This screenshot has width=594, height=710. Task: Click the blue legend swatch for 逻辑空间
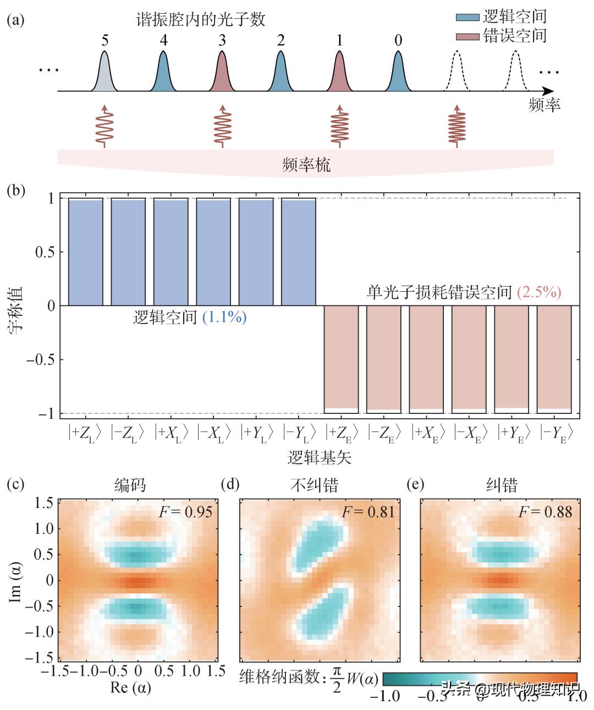(468, 17)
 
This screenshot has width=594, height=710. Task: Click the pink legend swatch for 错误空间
(468, 36)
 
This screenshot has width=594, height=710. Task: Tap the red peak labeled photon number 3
(222, 74)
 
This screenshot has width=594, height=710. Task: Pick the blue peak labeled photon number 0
(398, 74)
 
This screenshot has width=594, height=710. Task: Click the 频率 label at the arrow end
(544, 105)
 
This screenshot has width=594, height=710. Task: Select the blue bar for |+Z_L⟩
(85, 252)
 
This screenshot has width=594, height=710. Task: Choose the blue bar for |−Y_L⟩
(299, 252)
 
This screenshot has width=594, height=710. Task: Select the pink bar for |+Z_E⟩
(341, 358)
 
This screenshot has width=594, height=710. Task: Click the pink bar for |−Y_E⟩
(554, 358)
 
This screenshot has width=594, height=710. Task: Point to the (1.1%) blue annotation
(224, 318)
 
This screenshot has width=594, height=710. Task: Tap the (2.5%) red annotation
(539, 292)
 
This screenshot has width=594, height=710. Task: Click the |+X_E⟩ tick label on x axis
(426, 433)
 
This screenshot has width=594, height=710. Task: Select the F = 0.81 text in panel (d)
(368, 512)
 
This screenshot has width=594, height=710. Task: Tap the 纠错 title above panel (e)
(502, 485)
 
